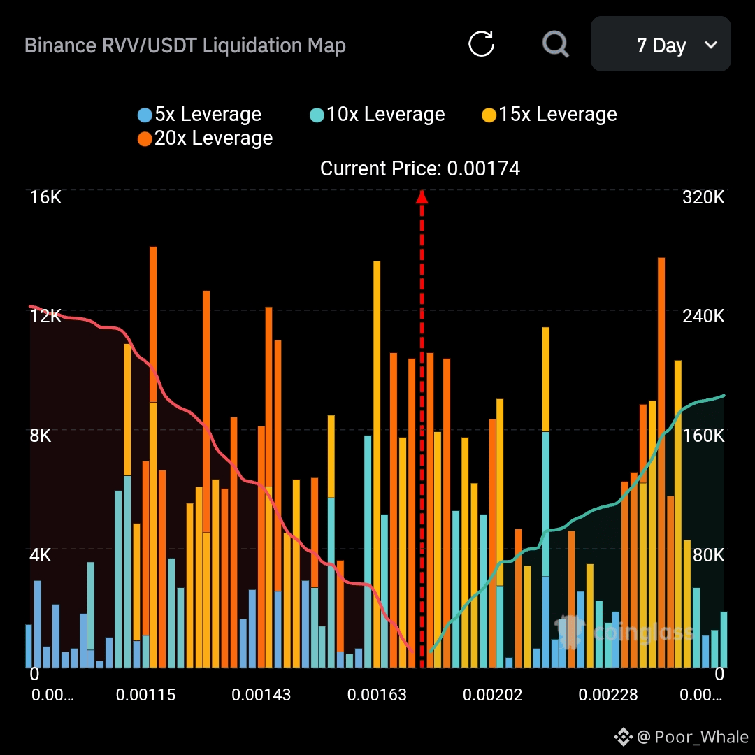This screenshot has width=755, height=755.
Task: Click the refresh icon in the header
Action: coord(481,44)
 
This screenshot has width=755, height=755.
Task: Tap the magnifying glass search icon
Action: coord(556,44)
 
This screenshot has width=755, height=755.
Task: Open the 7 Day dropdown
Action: coord(661,45)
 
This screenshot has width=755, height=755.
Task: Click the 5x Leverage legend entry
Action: coord(200,115)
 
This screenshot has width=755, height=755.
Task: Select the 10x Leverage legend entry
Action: coord(377,115)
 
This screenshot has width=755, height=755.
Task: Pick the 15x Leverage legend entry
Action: coord(550,115)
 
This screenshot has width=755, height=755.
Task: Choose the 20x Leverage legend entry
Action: coord(206,138)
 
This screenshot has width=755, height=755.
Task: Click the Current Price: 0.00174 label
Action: coord(420,168)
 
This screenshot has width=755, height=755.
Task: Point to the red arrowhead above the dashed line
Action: coord(422,196)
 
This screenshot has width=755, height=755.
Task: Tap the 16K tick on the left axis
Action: coord(45,197)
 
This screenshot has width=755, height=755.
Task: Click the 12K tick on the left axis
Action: coord(45,316)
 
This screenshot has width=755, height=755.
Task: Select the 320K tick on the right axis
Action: coord(703,197)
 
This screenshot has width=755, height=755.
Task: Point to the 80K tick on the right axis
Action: coord(707,555)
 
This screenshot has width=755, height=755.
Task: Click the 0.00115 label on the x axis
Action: coord(146,695)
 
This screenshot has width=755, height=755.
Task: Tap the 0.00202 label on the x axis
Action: coord(492,695)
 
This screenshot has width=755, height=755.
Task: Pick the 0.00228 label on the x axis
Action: coord(608,695)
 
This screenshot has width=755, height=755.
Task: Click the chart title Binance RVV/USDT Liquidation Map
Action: coord(185,46)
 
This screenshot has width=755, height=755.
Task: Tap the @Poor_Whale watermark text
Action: coord(692,737)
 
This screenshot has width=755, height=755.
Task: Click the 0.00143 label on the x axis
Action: coord(261,695)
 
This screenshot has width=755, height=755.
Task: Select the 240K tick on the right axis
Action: coord(703,316)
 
